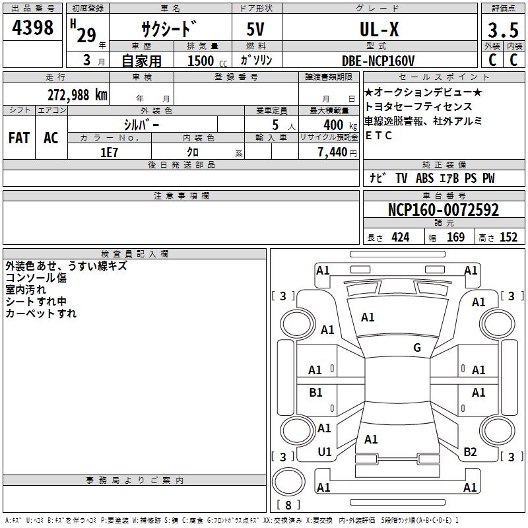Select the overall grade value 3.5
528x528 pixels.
pos(502,30)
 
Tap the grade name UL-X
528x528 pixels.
pos(379,30)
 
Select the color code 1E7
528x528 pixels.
pos(109,152)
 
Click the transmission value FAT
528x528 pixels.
pos(18,138)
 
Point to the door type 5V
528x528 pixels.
pos(257,30)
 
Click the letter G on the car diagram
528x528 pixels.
pos(417,348)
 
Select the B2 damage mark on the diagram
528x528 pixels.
pos(470,452)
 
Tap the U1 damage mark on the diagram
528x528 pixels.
pos(325,452)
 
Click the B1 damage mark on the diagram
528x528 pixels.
pos(316,393)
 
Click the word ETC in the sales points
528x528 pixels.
pos(379,135)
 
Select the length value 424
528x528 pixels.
pos(399,237)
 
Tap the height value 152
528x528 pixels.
pos(508,237)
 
